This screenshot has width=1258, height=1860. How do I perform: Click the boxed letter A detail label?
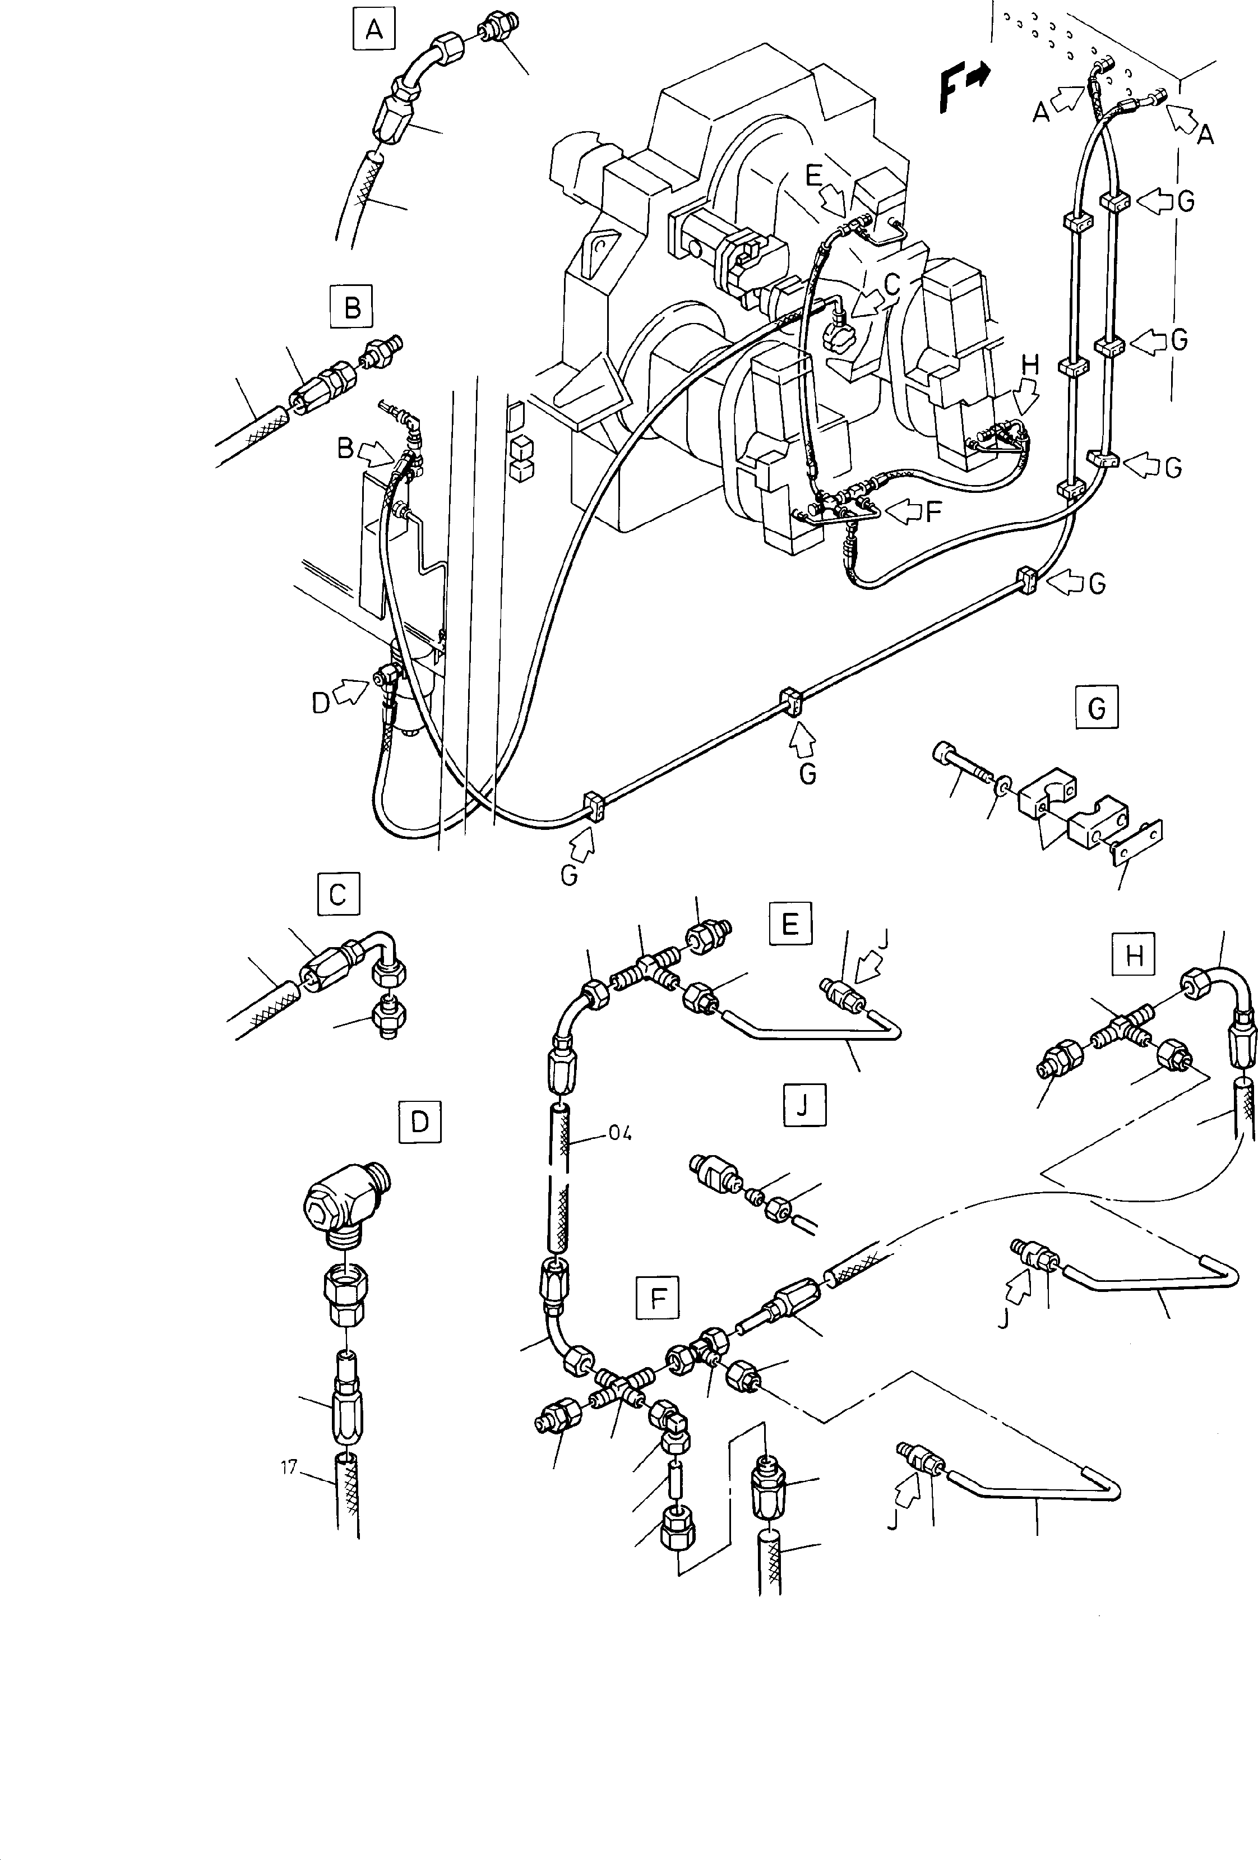[x=374, y=30]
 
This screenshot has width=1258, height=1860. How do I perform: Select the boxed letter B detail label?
[x=352, y=307]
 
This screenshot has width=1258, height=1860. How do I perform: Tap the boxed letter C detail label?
[x=337, y=893]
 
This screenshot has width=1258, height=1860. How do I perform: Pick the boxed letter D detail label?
[x=419, y=1121]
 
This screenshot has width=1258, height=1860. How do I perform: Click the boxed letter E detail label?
[x=789, y=925]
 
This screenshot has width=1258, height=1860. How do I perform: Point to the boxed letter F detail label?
[x=658, y=1298]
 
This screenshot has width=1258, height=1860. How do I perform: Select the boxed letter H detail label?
[x=1133, y=954]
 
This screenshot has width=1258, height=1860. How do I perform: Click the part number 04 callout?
[x=619, y=1133]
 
